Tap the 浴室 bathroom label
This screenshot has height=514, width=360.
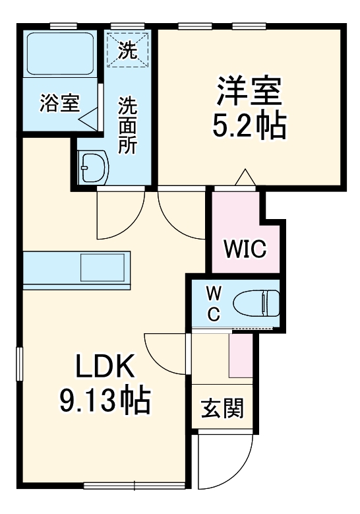(x=60, y=103)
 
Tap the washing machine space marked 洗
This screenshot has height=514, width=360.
(x=129, y=49)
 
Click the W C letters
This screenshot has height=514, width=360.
(x=214, y=303)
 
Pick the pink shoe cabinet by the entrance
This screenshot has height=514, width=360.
(x=241, y=356)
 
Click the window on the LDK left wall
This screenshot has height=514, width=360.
(x=20, y=363)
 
